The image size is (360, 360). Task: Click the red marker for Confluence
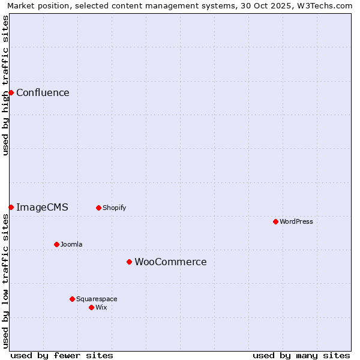tap(11, 92)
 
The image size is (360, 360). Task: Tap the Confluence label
tap(43, 92)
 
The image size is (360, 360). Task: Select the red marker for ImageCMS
tap(11, 207)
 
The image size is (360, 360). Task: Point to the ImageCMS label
tap(42, 208)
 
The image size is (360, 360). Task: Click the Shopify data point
tap(98, 208)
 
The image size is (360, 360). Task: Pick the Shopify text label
tap(114, 208)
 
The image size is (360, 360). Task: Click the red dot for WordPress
tap(275, 221)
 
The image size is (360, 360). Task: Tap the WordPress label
tap(296, 221)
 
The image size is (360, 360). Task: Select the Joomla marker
tap(56, 244)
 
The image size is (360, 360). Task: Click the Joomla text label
tap(71, 244)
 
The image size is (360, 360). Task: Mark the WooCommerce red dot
tap(129, 262)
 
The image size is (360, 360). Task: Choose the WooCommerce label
tap(170, 262)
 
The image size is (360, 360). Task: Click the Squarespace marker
tap(72, 299)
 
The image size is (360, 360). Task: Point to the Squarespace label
tap(97, 299)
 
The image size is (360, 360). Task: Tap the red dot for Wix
tap(91, 307)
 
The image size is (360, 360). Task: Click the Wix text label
tap(101, 307)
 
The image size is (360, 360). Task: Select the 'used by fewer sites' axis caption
tap(62, 355)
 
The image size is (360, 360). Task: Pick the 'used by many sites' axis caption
tap(301, 355)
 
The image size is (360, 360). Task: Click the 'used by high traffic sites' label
tap(6, 85)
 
